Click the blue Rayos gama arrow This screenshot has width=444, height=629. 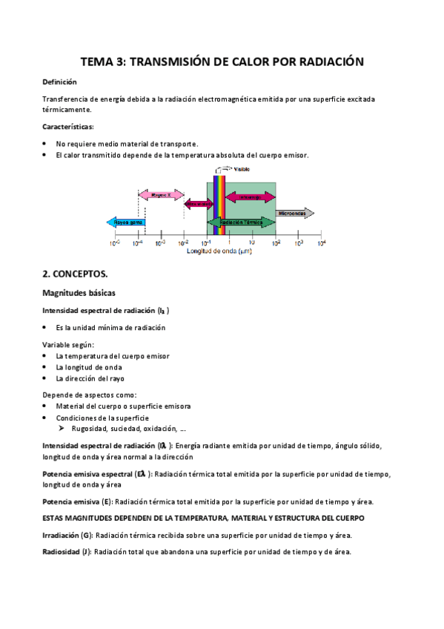(x=125, y=221)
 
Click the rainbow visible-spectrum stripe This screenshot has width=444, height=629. (x=219, y=205)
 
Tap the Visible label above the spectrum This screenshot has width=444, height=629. (x=242, y=169)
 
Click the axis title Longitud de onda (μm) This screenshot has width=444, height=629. (x=219, y=251)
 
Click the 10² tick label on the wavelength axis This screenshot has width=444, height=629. (x=276, y=243)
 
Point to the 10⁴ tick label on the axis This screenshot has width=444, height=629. (x=321, y=243)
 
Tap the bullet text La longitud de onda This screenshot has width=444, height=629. (x=89, y=367)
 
